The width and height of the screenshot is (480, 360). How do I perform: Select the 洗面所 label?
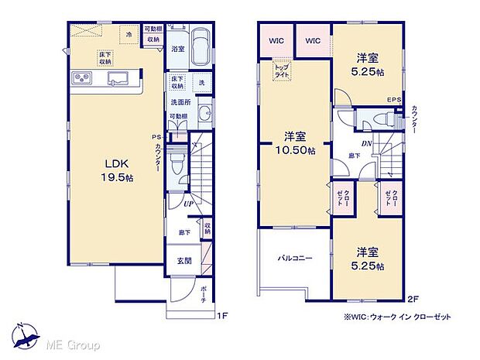click(x=180, y=101)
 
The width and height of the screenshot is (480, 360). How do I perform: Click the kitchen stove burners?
click(x=81, y=78)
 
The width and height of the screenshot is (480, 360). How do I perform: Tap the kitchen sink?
click(x=121, y=78)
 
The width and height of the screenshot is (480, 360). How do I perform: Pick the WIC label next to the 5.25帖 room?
click(x=313, y=40)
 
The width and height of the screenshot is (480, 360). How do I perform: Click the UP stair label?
click(x=187, y=204)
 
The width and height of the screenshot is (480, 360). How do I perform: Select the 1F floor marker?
click(x=222, y=314)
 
